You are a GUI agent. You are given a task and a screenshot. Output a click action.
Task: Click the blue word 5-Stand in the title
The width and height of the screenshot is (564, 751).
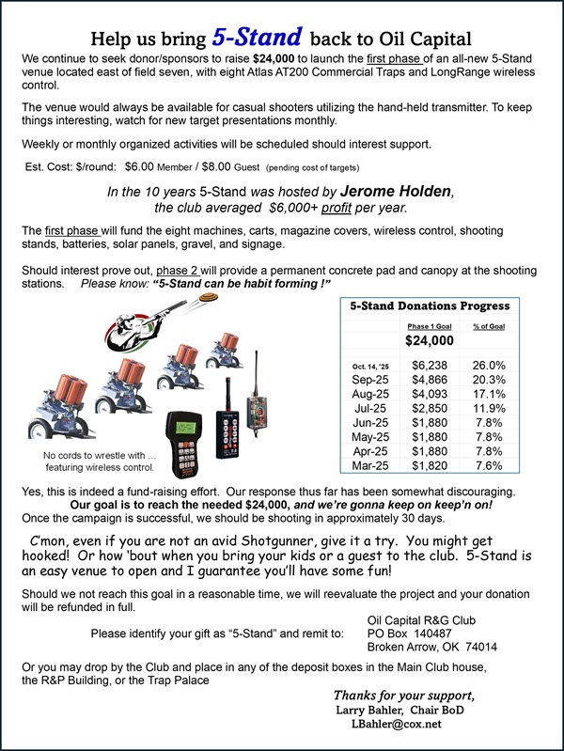(256, 38)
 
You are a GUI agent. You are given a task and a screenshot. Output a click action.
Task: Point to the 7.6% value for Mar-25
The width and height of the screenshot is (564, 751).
(489, 465)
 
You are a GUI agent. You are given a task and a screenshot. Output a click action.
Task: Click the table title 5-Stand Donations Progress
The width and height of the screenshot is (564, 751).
(430, 305)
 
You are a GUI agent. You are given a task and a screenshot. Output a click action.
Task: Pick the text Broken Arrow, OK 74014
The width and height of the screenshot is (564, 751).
(432, 649)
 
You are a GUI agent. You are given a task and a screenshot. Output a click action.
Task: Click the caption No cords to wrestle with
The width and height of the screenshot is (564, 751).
(99, 456)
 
